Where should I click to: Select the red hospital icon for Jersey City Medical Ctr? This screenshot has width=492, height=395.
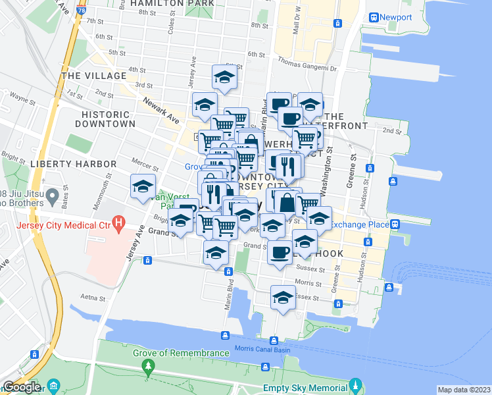coord(118,223)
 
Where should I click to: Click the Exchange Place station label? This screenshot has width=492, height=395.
coord(360,224)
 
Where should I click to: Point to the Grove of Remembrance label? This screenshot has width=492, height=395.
coord(181,353)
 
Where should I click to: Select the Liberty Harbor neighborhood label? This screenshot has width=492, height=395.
coord(64,163)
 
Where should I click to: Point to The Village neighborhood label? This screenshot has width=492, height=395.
coord(93,76)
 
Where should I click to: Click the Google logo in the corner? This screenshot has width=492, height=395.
coord(22,386)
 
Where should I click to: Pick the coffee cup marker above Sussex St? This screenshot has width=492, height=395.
coord(280,252)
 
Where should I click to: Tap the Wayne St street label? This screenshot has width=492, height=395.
coord(22,100)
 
